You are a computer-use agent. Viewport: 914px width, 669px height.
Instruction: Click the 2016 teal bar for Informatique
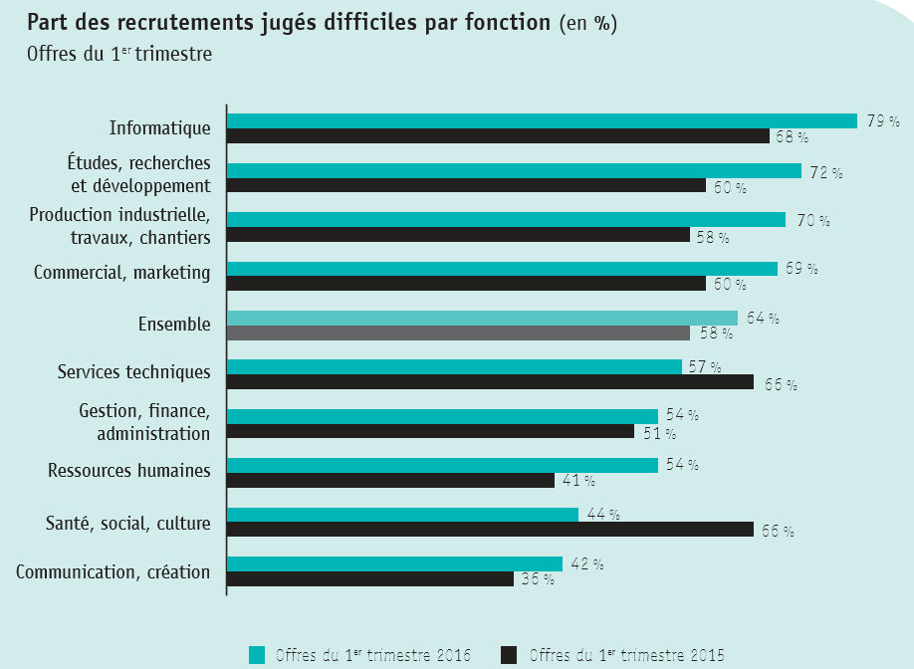(542, 120)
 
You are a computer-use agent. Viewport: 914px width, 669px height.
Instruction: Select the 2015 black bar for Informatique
(498, 136)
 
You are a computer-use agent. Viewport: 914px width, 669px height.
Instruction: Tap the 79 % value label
(882, 121)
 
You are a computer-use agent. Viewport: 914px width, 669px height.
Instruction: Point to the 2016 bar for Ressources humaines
(442, 465)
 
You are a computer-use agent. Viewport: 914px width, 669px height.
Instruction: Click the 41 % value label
(578, 481)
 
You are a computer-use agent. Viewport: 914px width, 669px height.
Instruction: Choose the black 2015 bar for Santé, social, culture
(490, 530)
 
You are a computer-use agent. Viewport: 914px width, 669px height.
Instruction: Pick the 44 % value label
(602, 515)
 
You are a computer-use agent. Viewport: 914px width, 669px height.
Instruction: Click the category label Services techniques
(133, 371)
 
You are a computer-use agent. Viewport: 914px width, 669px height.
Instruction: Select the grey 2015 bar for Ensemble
(458, 334)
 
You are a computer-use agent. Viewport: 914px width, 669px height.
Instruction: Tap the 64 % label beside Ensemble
(762, 319)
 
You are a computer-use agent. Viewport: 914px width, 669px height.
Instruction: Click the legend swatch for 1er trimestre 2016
(257, 654)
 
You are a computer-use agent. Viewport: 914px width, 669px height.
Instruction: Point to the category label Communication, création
(114, 571)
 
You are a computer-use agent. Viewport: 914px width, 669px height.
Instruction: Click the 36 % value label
(538, 579)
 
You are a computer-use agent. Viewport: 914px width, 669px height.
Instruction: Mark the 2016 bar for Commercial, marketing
(502, 269)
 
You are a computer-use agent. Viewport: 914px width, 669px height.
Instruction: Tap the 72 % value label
(825, 171)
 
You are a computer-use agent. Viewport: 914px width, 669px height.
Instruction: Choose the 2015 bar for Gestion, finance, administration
(430, 432)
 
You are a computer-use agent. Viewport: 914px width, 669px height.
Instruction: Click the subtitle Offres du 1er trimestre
(119, 54)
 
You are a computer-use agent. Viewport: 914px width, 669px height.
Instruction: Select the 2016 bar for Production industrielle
(506, 219)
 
